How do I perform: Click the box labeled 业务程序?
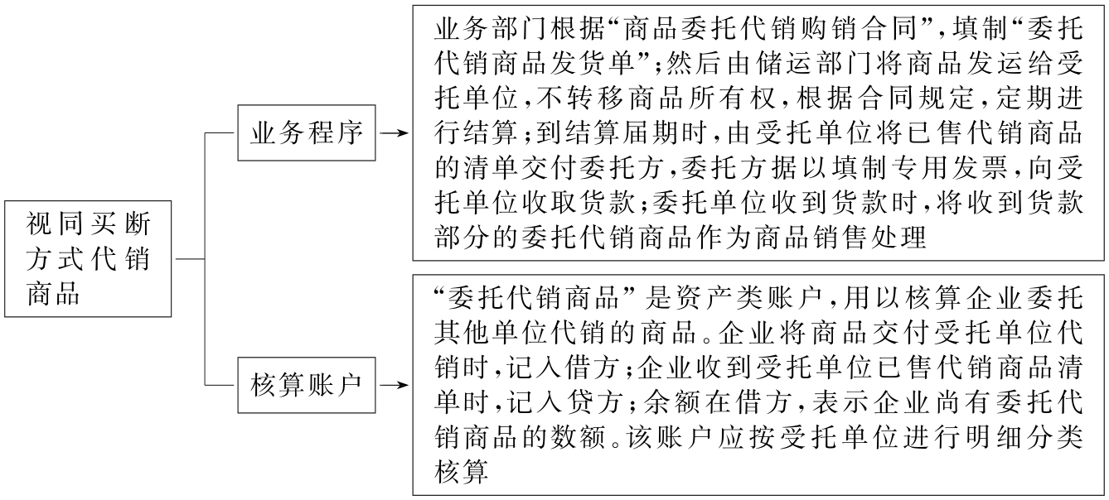pos(306,133)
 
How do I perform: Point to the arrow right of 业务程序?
pos(396,133)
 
